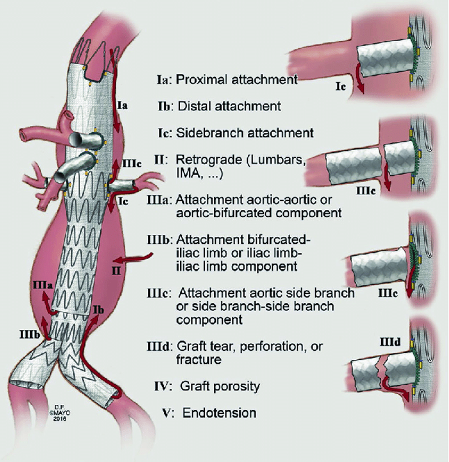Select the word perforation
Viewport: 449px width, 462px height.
click(x=271, y=346)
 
